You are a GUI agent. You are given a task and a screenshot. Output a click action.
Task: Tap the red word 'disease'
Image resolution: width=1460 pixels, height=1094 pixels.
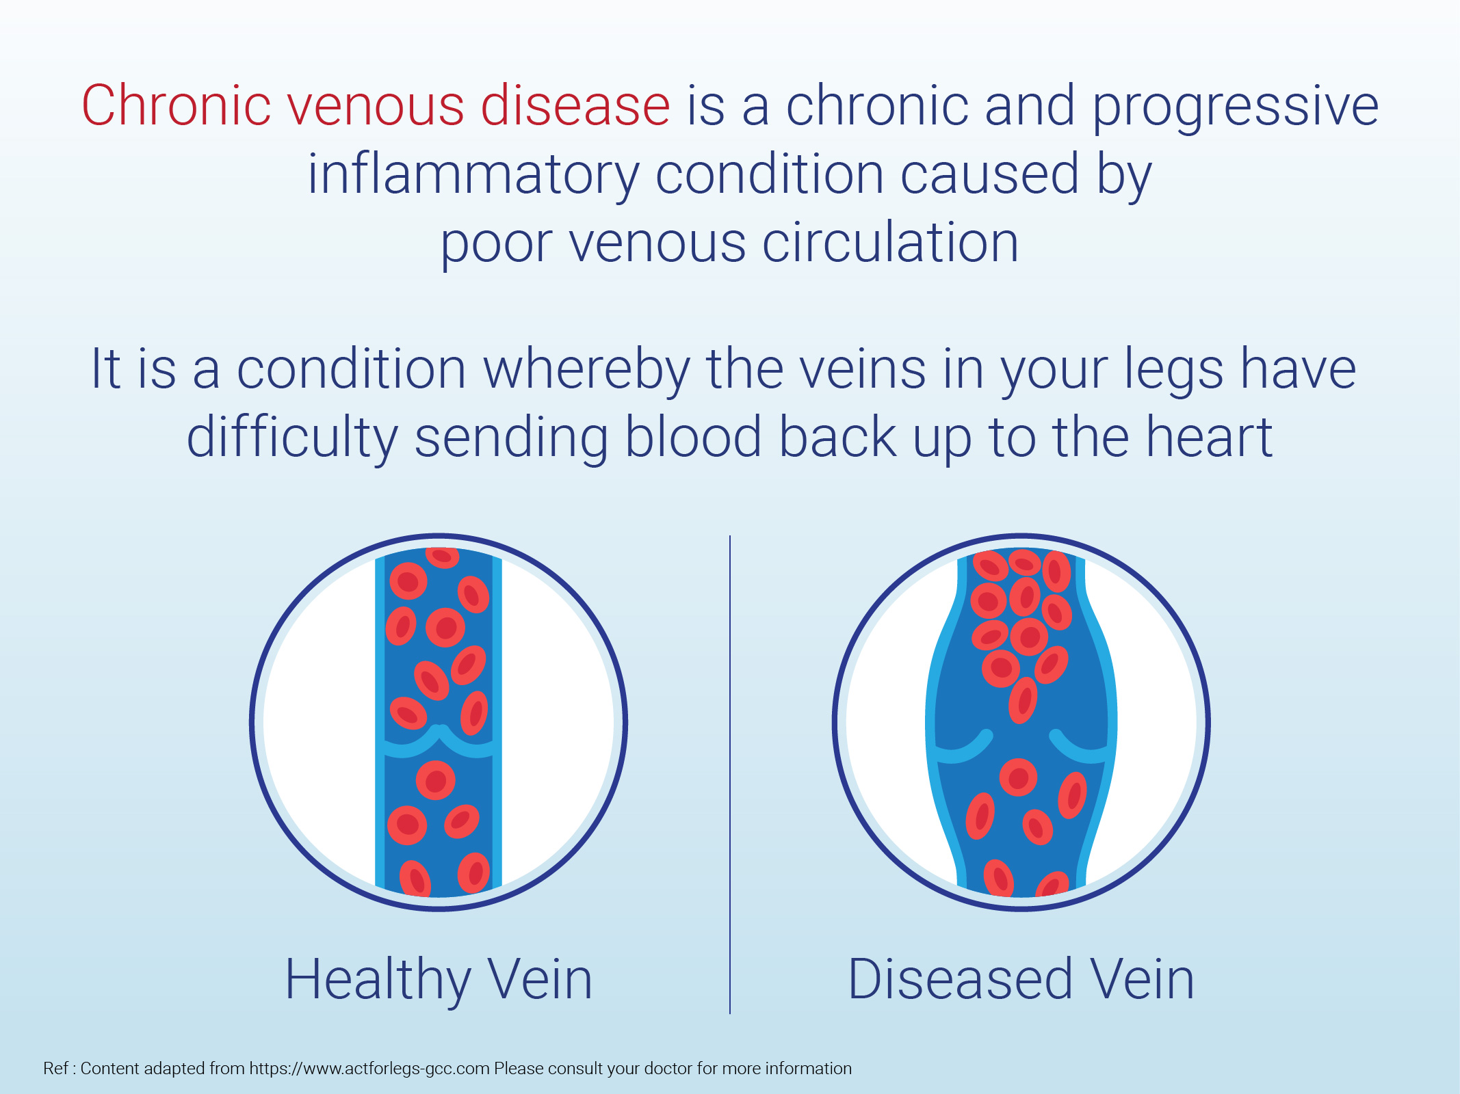(575, 105)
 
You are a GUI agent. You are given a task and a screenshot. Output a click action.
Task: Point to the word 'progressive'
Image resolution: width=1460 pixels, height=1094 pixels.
(1236, 110)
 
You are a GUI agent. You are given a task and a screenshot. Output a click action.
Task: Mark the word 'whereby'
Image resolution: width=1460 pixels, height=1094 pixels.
(586, 373)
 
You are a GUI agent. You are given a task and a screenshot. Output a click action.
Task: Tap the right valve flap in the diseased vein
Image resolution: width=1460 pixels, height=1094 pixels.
(1079, 748)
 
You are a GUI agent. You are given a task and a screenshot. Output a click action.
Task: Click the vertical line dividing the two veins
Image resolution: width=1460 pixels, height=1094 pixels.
(730, 774)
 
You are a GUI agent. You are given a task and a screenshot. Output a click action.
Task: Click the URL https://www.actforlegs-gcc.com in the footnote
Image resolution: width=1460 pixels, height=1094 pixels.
(369, 1069)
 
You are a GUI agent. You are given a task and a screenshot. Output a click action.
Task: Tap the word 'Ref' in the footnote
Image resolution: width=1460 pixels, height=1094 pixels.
(56, 1068)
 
